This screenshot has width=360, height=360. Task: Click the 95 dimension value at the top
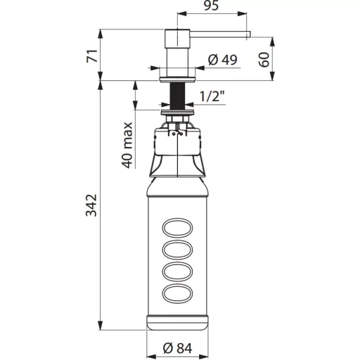pyautogui.click(x=211, y=6)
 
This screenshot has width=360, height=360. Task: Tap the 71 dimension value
pyautogui.click(x=92, y=56)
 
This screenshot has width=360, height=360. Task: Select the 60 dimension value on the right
pyautogui.click(x=264, y=60)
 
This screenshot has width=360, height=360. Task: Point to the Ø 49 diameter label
pyautogui.click(x=222, y=60)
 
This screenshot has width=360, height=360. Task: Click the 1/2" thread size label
pyautogui.click(x=212, y=96)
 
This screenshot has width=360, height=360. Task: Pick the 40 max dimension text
pyautogui.click(x=127, y=146)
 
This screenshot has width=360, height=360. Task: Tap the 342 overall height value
pyautogui.click(x=91, y=205)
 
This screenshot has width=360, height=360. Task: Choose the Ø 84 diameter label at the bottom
pyautogui.click(x=177, y=348)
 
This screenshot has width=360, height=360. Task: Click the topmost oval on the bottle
pyautogui.click(x=177, y=228)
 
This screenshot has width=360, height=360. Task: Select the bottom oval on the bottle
pyautogui.click(x=177, y=293)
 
